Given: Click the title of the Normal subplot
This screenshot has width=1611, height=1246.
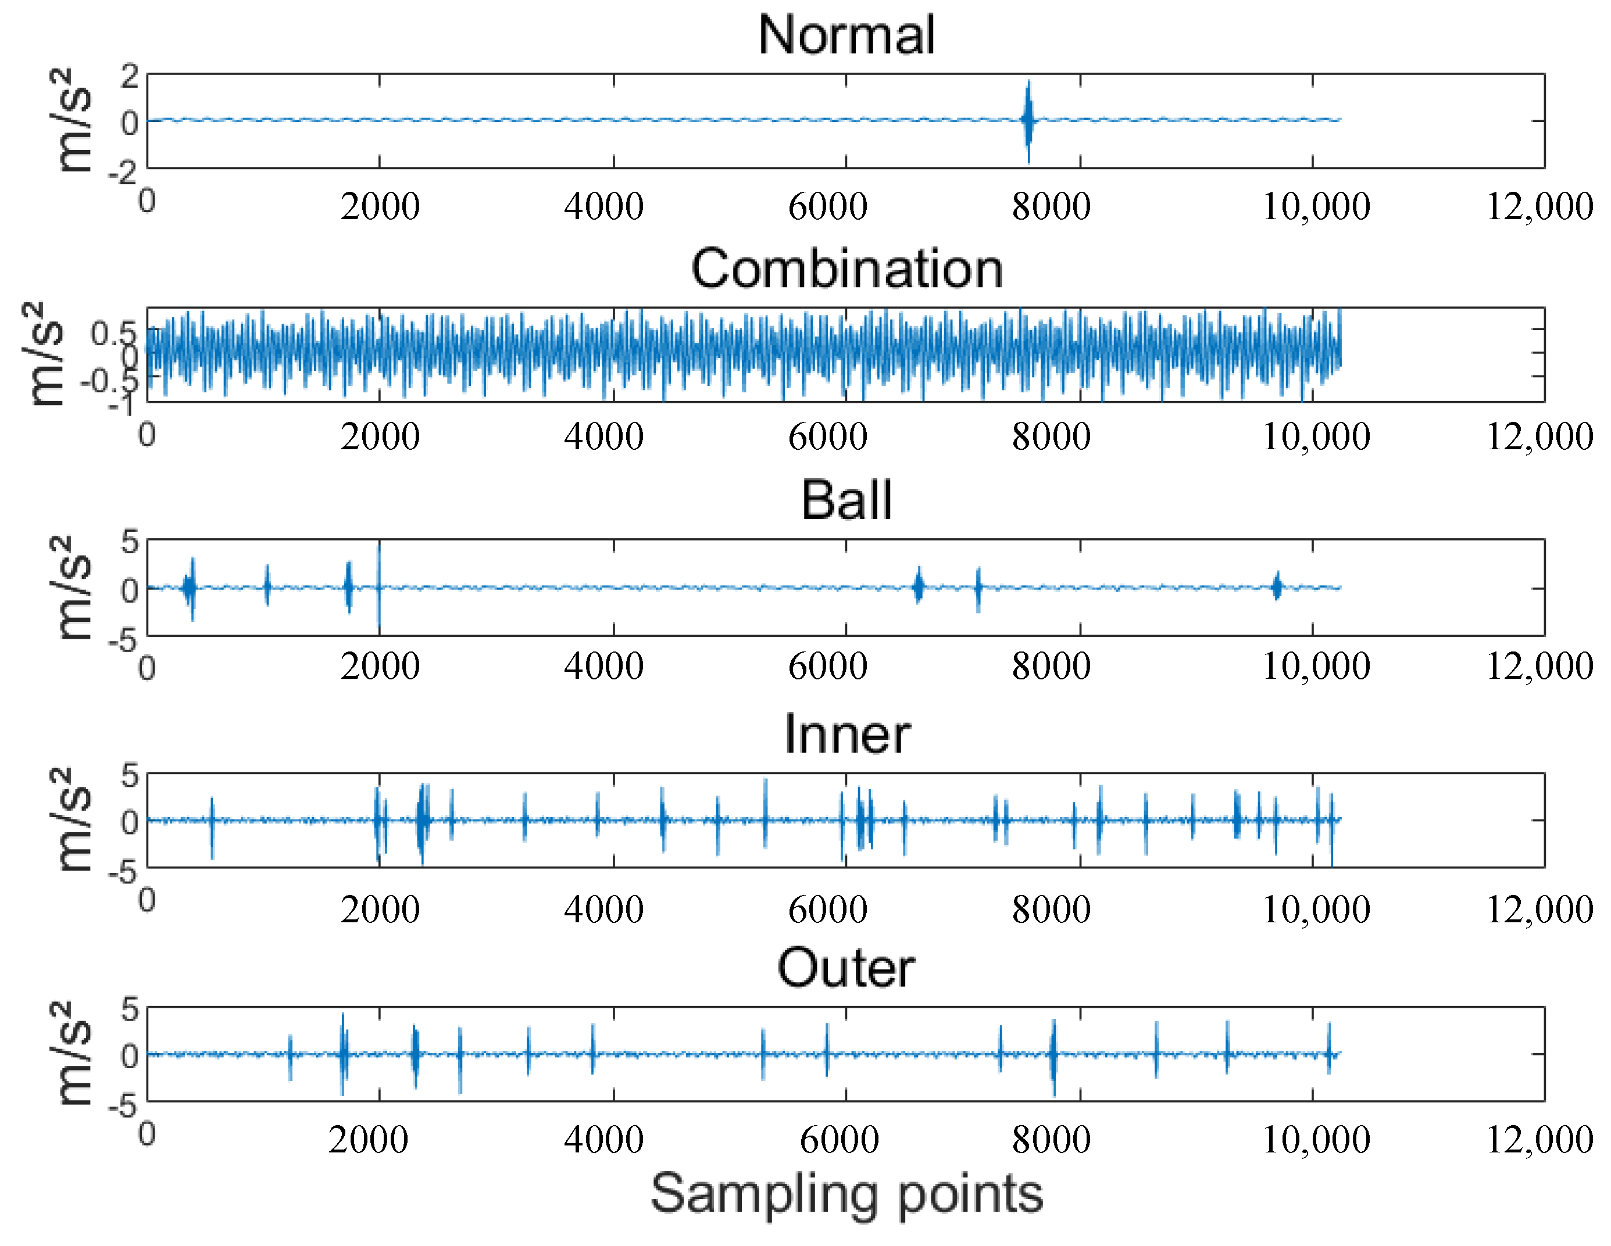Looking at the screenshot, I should tap(846, 35).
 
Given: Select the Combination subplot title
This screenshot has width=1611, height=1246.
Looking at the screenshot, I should tap(846, 268).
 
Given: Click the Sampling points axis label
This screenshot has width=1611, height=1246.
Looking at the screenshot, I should tap(846, 1194).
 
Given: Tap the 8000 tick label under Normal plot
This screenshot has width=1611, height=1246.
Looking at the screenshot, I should tap(1051, 207).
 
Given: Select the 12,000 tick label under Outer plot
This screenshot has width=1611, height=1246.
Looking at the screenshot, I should tap(1539, 1140).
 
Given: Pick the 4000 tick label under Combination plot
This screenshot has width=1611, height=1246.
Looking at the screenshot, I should tap(603, 437).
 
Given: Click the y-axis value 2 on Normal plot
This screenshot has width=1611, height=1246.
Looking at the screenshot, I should tap(130, 75).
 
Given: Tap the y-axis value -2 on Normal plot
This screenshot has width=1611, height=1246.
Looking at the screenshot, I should tap(123, 173).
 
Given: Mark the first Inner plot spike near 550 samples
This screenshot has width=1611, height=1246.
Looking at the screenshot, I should tap(212, 827).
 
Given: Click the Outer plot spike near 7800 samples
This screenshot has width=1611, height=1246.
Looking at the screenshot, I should tap(1053, 1056).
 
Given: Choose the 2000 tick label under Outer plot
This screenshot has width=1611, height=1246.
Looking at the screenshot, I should tap(367, 1140).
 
